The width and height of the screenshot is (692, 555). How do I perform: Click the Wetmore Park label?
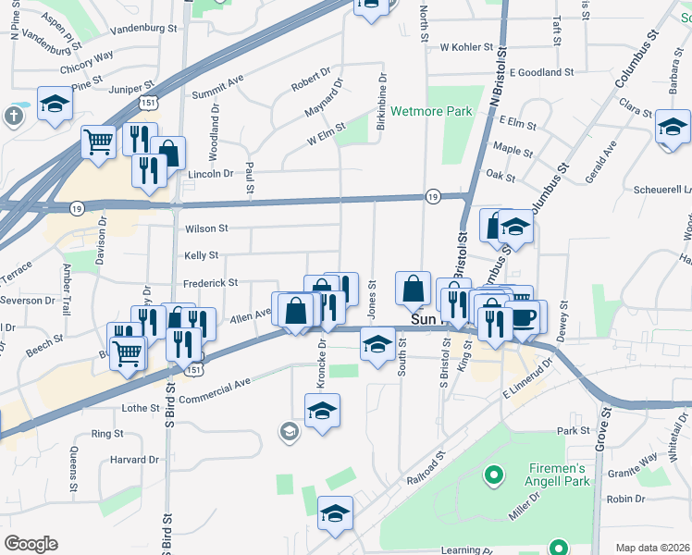point(431,112)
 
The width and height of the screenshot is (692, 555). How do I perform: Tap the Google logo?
point(31,544)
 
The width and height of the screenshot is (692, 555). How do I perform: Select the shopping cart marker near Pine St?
point(98,142)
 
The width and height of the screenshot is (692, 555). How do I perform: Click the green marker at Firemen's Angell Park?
point(494,476)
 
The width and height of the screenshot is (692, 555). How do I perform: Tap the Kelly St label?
point(201,255)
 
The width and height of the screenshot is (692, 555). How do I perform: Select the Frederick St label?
point(210,282)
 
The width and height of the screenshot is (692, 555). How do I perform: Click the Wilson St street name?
point(206,228)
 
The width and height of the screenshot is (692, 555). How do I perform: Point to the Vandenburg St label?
point(143,30)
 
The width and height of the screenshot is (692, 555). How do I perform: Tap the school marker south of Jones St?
point(377,346)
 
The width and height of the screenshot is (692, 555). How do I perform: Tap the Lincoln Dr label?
point(211,174)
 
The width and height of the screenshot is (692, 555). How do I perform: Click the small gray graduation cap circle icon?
point(290,431)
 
